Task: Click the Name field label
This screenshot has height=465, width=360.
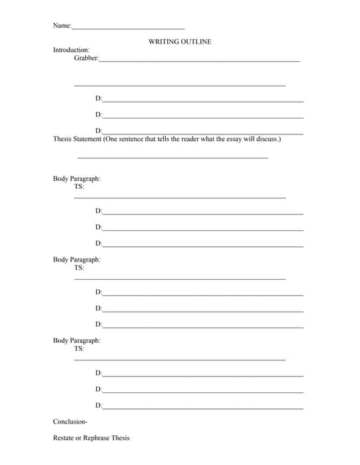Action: (x=62, y=26)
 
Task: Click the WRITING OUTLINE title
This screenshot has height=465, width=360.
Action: (x=180, y=42)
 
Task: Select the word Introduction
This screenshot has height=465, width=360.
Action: (x=71, y=50)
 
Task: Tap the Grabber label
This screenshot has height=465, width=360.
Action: (x=86, y=58)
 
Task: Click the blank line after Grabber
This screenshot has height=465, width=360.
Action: (x=199, y=60)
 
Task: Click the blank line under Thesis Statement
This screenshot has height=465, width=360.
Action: (x=172, y=158)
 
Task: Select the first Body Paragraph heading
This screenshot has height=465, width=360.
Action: (x=76, y=179)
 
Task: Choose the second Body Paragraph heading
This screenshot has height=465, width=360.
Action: (x=76, y=259)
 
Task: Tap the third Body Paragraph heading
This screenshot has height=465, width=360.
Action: (x=76, y=340)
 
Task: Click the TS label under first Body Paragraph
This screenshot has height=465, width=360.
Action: (x=79, y=187)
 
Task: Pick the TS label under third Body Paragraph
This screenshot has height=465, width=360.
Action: (x=79, y=348)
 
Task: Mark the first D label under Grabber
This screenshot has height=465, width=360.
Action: (x=98, y=98)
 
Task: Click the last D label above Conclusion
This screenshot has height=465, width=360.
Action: (x=98, y=405)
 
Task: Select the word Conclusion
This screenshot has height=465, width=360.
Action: (x=70, y=421)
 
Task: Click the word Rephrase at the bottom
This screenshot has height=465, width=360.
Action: (x=95, y=438)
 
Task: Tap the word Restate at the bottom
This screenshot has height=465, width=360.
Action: (x=64, y=438)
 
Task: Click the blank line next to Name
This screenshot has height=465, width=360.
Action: (x=128, y=28)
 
